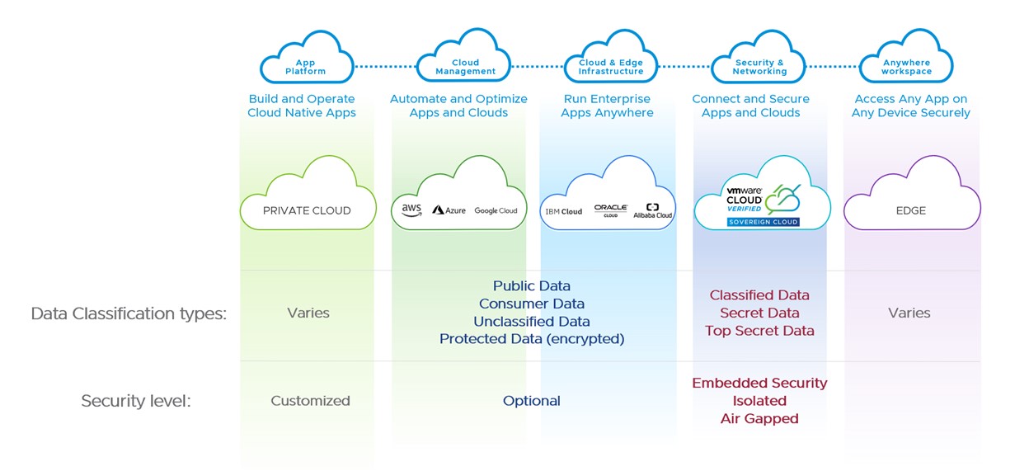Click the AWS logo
click(x=411, y=210)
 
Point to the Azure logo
click(x=449, y=210)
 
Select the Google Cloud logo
click(x=496, y=210)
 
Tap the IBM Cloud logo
click(x=563, y=211)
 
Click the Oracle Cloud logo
click(x=611, y=210)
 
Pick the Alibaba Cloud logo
click(x=653, y=210)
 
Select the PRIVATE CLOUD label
click(x=307, y=210)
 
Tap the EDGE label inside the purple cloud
click(x=910, y=210)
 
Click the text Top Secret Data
click(x=759, y=331)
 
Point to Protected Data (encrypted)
click(x=532, y=339)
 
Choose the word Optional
click(x=532, y=401)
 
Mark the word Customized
click(x=310, y=401)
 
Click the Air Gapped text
click(x=759, y=418)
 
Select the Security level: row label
click(x=136, y=401)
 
